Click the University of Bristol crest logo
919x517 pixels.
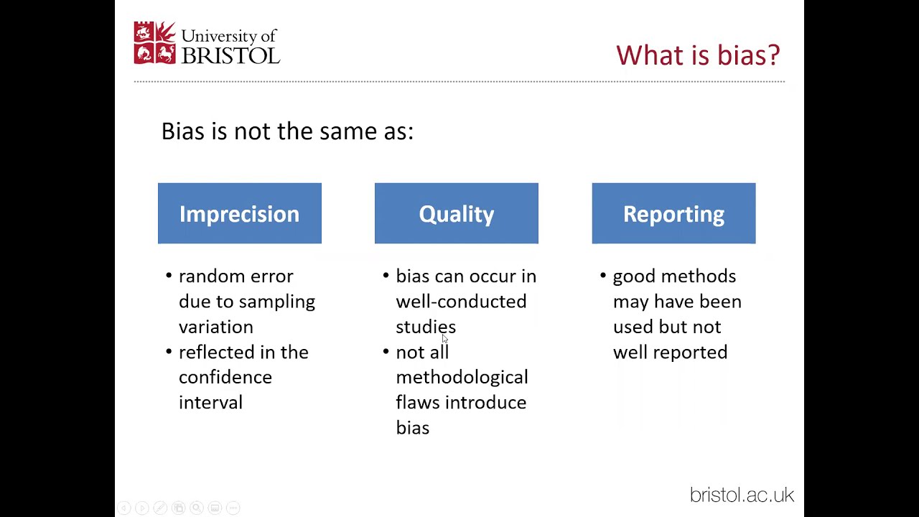(154, 43)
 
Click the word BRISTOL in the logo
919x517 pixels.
(230, 55)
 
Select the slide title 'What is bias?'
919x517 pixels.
(697, 55)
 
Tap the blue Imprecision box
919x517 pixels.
(239, 213)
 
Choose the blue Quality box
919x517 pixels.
(456, 213)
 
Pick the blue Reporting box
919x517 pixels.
(673, 213)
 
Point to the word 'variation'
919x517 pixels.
(215, 327)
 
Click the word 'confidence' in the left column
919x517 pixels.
(225, 377)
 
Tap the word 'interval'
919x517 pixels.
(210, 402)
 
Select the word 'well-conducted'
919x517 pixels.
(461, 302)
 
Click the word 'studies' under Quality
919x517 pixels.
(425, 327)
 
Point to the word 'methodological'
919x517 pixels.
(462, 377)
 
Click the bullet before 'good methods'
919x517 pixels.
(602, 276)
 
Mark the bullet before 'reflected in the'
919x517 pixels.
(169, 352)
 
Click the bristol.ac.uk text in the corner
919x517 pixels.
(742, 495)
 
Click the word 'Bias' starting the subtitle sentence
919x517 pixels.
(182, 131)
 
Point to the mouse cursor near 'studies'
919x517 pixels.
(444, 339)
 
